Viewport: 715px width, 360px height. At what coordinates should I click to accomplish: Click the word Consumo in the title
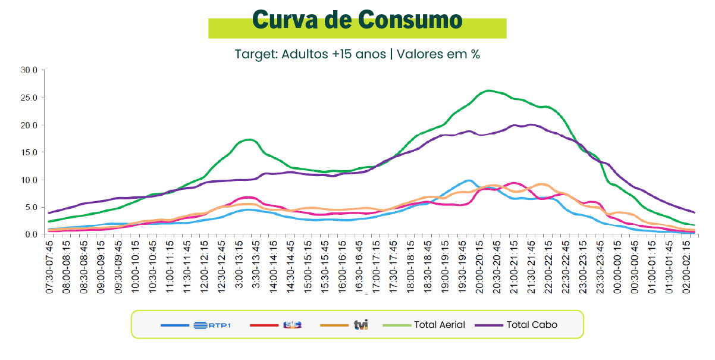410,20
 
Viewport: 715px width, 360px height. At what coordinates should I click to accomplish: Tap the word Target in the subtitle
253,54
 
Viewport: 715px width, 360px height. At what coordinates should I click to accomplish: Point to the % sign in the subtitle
475,54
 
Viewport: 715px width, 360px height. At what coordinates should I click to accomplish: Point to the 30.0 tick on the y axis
29,70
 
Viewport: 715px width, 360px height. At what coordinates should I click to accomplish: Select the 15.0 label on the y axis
29,152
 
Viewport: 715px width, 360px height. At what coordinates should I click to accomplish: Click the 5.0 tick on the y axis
31,207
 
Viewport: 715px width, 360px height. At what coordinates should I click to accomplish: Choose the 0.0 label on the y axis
31,234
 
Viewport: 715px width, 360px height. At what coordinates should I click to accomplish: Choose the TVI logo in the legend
361,325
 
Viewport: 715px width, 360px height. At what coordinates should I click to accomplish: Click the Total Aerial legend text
440,325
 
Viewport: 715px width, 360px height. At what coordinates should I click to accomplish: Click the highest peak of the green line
488,90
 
